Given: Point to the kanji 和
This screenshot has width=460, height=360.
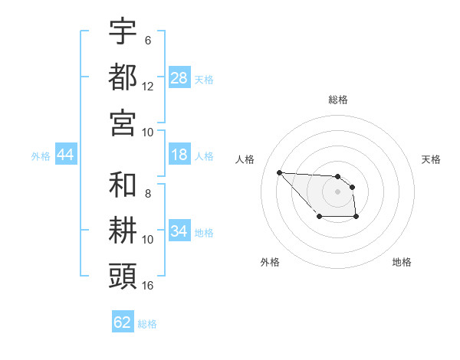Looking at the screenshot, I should click(123, 185).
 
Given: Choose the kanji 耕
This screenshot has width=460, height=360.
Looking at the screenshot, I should click(123, 229).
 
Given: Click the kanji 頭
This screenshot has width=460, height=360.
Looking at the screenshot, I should click(123, 274).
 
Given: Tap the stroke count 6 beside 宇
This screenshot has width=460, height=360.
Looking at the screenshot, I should click(148, 40).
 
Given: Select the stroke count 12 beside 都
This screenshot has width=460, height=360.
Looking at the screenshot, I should click(148, 86).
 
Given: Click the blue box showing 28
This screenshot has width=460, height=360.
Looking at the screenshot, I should click(179, 78).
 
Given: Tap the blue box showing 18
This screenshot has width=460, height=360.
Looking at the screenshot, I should click(179, 155).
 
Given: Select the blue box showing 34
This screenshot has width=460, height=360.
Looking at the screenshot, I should click(179, 231).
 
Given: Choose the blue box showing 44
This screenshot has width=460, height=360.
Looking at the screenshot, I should click(65, 155).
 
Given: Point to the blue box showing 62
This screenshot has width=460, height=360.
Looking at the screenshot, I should click(123, 322).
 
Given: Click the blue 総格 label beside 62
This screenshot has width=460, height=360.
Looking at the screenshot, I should click(147, 324).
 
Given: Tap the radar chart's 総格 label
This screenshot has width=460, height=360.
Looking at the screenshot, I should click(337, 100).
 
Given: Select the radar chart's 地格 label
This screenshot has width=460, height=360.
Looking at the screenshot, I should click(402, 262).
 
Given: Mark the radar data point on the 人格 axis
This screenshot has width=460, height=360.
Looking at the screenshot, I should click(280, 172).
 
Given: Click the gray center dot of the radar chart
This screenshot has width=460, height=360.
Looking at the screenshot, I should click(337, 191).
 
